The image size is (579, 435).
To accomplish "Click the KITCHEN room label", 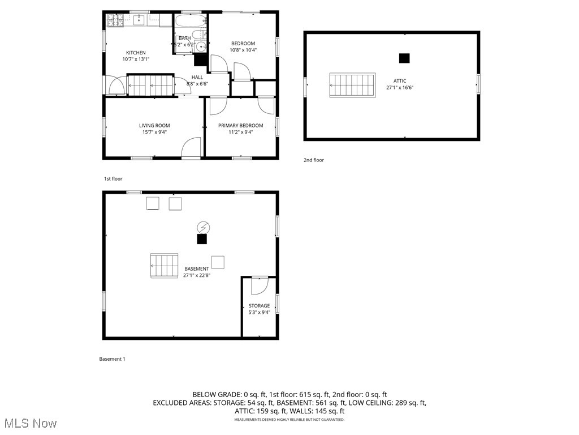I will click(x=136, y=53).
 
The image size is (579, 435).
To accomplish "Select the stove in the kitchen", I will click(x=116, y=21).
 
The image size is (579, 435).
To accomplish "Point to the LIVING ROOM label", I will click(x=154, y=126).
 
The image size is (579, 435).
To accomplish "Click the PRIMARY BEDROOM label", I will click(x=240, y=126).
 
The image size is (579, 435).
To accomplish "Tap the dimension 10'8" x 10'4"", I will click(x=243, y=50).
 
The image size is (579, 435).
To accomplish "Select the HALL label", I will click(x=197, y=77).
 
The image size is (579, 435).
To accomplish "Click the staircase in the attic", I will click(x=352, y=85).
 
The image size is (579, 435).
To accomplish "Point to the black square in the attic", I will click(x=404, y=58).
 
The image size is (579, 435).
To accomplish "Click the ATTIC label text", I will click(x=400, y=81).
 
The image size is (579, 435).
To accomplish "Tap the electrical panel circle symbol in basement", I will click(x=202, y=227).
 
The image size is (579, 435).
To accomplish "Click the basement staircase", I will click(x=164, y=266).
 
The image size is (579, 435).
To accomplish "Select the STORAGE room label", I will click(x=260, y=306).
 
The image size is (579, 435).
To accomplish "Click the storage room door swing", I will click(x=258, y=285).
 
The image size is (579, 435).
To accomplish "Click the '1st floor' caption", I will click(x=113, y=178).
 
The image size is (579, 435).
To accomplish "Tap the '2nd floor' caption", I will click(x=314, y=160).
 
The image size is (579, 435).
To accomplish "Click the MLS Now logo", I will click(x=30, y=423).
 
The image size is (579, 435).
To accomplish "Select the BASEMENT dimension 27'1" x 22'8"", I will click(x=197, y=276).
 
